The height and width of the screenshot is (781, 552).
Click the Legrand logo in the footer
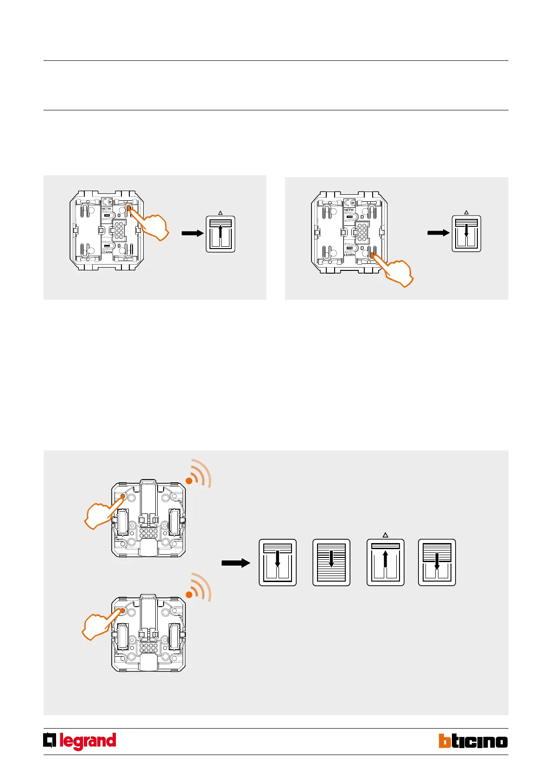(80, 741)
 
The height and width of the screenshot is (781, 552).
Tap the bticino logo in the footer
(473, 741)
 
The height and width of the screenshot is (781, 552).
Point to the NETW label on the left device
(106, 209)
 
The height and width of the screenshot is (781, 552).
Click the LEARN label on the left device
(107, 252)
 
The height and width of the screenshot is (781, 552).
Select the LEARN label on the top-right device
(349, 255)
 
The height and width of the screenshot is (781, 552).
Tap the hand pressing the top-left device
(152, 224)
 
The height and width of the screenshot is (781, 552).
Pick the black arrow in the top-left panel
(192, 233)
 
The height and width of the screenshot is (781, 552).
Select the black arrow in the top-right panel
(438, 233)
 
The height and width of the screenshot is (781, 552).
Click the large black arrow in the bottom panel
(235, 563)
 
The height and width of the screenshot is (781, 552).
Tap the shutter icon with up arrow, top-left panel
(221, 234)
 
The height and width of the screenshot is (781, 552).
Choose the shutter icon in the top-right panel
(466, 234)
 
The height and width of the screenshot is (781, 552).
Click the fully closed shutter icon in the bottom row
(331, 563)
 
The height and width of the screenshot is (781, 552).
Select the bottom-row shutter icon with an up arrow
(385, 563)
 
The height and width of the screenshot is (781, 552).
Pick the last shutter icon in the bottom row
(437, 563)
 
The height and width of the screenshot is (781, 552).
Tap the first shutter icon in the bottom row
(278, 563)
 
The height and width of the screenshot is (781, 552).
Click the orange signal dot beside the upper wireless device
(189, 481)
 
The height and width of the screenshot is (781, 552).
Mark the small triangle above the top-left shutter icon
(221, 213)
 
